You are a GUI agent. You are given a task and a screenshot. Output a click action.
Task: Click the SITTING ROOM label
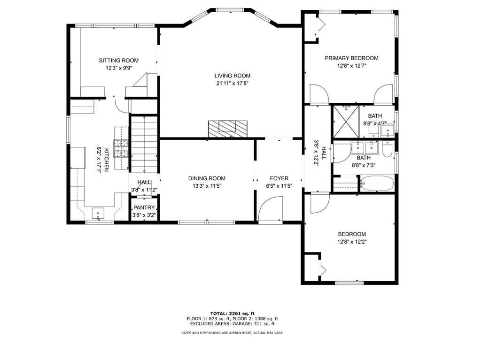tap(118, 61)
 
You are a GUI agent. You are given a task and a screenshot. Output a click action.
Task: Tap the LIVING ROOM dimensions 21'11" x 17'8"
tap(232, 83)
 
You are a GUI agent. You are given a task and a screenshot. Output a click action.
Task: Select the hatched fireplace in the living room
tap(227, 129)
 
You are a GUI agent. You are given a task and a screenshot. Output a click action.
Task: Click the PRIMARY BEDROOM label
tap(351, 58)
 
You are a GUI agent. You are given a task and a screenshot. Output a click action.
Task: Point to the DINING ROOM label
tap(207, 178)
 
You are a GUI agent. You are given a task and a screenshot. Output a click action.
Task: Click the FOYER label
tap(279, 178)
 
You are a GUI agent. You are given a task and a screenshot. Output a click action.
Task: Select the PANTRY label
tap(144, 207)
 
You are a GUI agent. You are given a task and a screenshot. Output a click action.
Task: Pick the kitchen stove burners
tap(121, 148)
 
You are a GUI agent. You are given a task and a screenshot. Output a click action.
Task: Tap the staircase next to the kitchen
tap(144, 145)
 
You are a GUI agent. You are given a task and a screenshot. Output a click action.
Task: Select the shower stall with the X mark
tap(346, 122)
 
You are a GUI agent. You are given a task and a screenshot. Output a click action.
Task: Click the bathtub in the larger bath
tap(377, 184)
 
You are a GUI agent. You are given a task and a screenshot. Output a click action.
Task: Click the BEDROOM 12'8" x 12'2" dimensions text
tap(352, 241)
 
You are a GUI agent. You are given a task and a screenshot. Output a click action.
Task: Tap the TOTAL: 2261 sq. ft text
tap(232, 314)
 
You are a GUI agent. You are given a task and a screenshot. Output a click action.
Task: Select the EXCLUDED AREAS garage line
tap(232, 323)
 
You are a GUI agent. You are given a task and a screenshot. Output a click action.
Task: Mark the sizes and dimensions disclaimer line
tap(232, 333)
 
